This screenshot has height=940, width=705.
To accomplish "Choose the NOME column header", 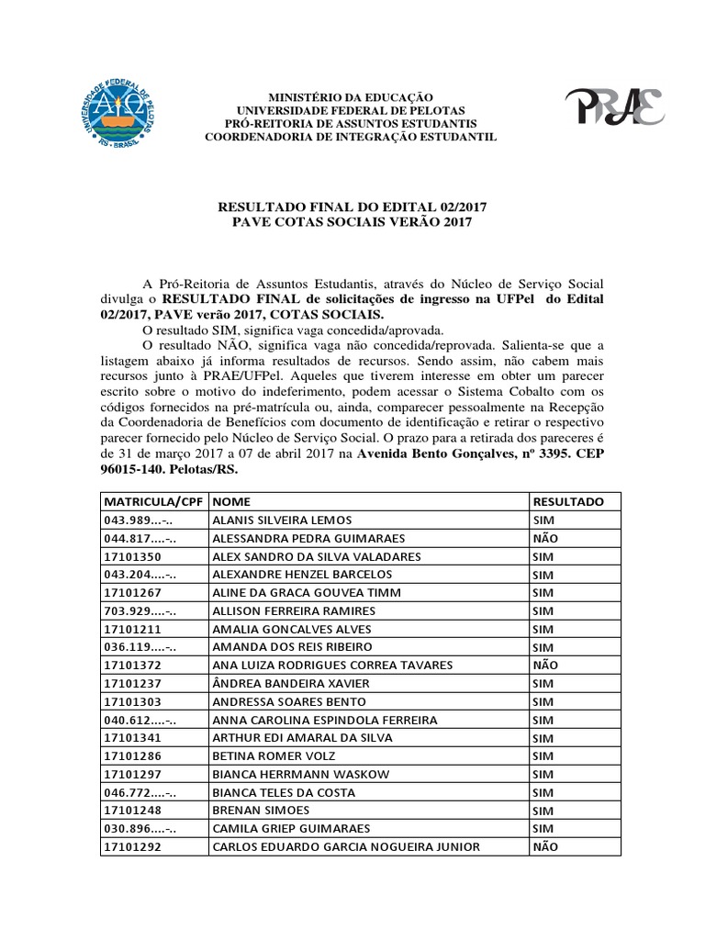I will point(230,502).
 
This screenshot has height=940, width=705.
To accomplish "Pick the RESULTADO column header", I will point(567,502).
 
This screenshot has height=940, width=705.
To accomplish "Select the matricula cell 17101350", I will point(133,556).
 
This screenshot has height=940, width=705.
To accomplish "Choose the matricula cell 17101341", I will point(133,737).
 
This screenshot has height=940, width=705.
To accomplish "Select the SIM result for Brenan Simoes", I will point(543,810).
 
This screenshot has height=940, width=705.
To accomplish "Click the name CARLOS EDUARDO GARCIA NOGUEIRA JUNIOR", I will point(345,846).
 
